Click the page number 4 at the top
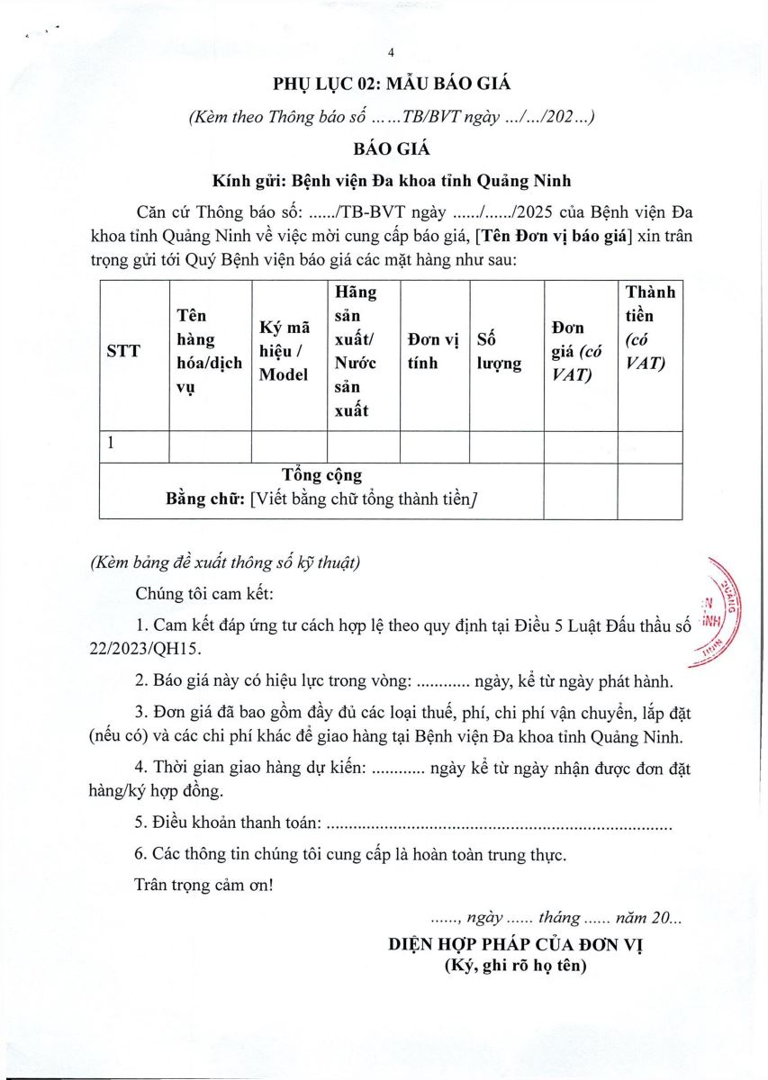tap(391, 51)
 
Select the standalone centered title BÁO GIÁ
tap(391, 148)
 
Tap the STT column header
tap(123, 352)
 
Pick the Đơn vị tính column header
tap(433, 352)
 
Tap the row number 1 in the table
tap(111, 443)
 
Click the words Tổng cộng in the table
tap(321, 475)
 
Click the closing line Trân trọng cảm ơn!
tap(203, 884)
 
